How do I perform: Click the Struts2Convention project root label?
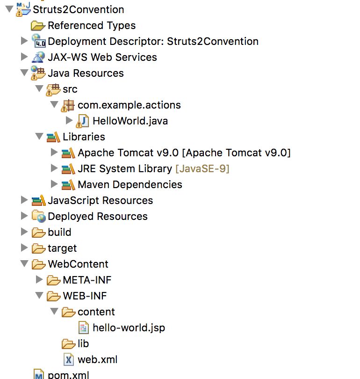coord(79,9)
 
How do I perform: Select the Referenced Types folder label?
coord(91,25)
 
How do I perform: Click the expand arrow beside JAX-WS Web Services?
coord(24,57)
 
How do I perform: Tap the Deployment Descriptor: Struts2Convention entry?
coord(153,41)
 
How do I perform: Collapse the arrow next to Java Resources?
coord(24,73)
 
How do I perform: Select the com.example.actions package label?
coord(129,105)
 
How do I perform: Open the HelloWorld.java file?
coord(130,121)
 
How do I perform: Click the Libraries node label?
coord(84,137)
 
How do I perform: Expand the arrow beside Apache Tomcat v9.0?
coord(54,153)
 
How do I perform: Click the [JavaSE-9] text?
coord(202,168)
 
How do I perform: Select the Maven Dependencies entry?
coord(130,184)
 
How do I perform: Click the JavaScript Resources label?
coord(100,200)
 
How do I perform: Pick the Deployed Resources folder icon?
coord(38,216)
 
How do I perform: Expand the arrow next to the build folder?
coord(24,232)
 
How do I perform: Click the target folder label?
coord(62,248)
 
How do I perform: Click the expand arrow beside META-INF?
coord(39,280)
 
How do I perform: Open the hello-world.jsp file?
coord(129,328)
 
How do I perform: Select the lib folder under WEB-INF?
coord(83,343)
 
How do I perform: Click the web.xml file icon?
coord(69,359)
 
